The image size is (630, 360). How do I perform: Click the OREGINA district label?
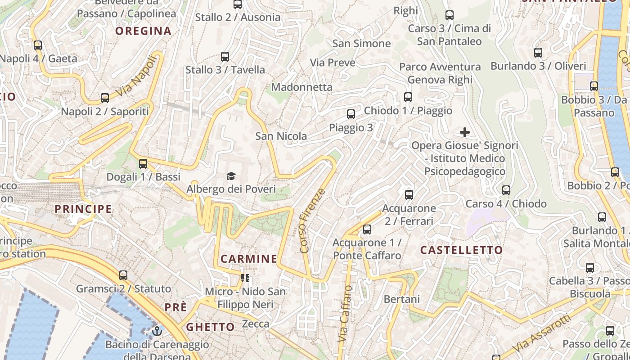coord(143,31)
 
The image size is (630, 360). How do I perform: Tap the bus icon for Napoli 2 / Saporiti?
coord(105,98)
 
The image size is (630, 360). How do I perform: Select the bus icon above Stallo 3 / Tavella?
coord(225,57)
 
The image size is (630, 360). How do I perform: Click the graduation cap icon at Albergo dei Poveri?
coord(231,176)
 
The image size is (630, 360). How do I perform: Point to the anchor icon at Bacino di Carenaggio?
coord(157,332)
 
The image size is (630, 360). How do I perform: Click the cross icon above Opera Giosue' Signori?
coord(464,132)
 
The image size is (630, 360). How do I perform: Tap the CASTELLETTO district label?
coord(461,250)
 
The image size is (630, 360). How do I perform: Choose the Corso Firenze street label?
coord(312,220)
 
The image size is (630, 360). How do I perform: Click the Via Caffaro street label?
coord(344,313)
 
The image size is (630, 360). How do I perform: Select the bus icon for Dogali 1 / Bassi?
coord(143,164)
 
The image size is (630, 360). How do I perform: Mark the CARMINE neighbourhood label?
coord(249,259)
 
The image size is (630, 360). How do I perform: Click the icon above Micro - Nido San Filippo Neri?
coord(245,278)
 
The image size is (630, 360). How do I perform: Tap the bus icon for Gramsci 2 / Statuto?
coord(123,275)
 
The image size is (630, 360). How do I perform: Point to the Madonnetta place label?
coord(301,87)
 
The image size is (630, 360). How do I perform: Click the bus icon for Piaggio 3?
coord(351,114)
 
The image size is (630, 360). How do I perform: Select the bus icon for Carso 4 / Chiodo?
coord(506,190)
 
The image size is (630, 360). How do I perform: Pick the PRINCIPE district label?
coord(83,209)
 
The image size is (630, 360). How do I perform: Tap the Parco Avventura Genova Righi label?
coord(440,73)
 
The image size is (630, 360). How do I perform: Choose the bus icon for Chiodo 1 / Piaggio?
coord(408,97)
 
